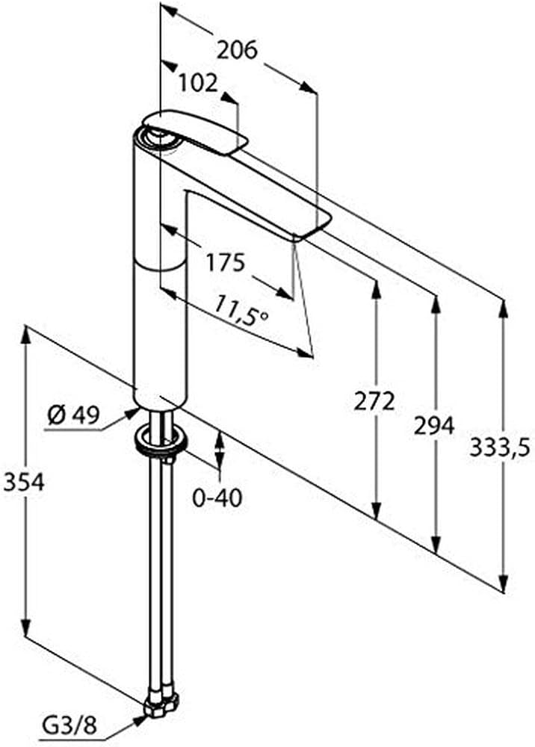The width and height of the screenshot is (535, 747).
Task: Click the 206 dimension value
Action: click(237, 49)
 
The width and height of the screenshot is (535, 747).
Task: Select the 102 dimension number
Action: click(198, 84)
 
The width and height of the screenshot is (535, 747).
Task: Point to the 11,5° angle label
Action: click(240, 310)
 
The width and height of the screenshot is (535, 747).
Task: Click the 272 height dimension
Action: click(374, 401)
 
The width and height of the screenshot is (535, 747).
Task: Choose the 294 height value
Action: click(433, 425)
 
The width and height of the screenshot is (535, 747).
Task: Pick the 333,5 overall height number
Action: click(500, 447)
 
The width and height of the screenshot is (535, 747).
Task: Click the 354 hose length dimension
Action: click(24, 482)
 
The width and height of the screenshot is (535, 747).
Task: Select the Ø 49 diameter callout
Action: click(74, 416)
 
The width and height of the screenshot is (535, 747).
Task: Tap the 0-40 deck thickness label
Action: click(217, 498)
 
